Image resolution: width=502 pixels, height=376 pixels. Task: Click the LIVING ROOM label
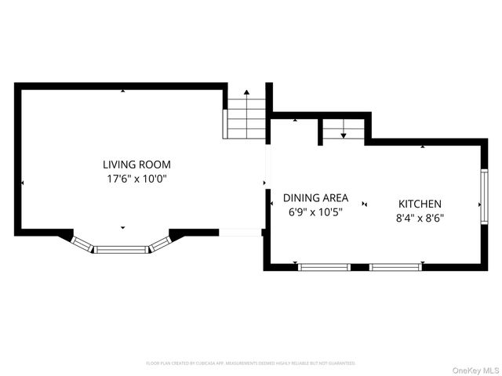coord(136,164)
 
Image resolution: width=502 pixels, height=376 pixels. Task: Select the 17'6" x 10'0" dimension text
coord(136,179)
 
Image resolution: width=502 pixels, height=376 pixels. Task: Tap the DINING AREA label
coord(315,198)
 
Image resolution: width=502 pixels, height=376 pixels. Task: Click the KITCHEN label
coord(419,204)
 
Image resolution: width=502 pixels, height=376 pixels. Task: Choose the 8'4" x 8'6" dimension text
coord(419,218)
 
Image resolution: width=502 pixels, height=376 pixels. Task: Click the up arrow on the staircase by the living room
coord(246,94)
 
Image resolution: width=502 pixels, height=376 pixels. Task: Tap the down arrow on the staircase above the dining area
coord(344,135)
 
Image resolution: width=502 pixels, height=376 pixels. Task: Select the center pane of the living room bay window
coord(121,250)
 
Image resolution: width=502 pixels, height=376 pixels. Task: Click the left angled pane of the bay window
coord(82,244)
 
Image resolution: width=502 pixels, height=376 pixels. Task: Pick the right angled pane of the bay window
coord(160,244)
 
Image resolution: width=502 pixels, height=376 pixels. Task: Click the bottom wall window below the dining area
coord(324,267)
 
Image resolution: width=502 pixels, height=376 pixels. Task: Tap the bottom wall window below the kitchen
coord(395,267)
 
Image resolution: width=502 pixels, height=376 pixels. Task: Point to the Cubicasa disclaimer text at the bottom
coord(251,363)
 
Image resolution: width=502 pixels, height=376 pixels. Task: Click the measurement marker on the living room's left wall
coord(23,183)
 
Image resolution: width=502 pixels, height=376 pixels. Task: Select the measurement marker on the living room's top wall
coord(122,91)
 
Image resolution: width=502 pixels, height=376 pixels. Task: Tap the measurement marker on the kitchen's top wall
coord(423,146)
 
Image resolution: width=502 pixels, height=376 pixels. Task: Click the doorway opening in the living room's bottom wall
coord(240,232)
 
